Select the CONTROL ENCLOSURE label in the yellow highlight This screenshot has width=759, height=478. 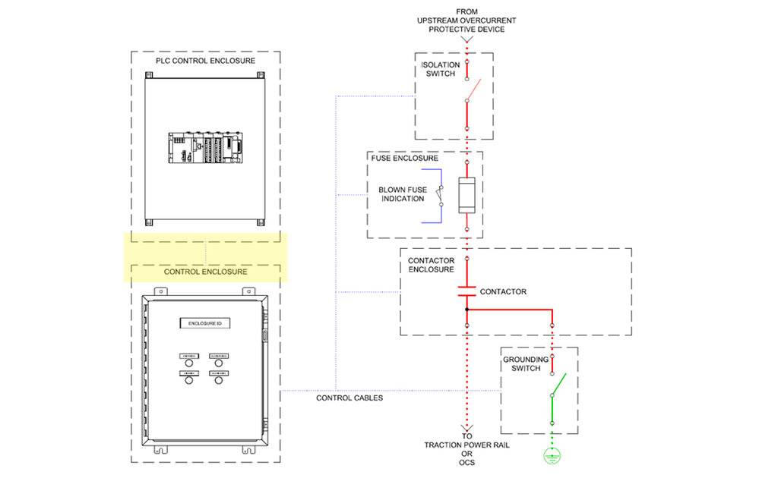coord(206,271)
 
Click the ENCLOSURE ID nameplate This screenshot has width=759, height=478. coord(205,324)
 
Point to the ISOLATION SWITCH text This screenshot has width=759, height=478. coord(440,69)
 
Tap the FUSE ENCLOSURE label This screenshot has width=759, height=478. coord(404,159)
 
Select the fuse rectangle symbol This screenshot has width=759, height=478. coord(466,196)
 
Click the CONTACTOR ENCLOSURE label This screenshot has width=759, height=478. coord(432,266)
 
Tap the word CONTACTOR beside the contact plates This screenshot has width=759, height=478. coord(503,291)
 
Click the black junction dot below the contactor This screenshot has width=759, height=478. coord(466,310)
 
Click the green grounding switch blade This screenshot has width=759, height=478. coord(558,385)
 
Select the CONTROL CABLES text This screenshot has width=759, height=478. coord(349,398)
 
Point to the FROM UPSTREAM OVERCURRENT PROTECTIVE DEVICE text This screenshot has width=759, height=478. coord(466,20)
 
